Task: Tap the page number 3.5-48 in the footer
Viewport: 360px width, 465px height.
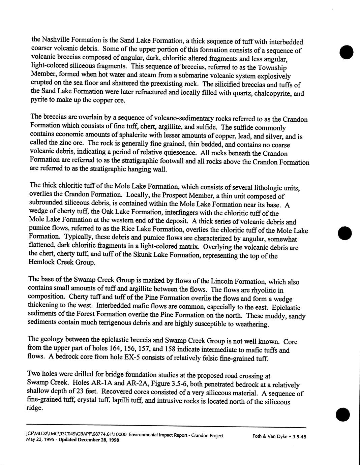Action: pos(299,437)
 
